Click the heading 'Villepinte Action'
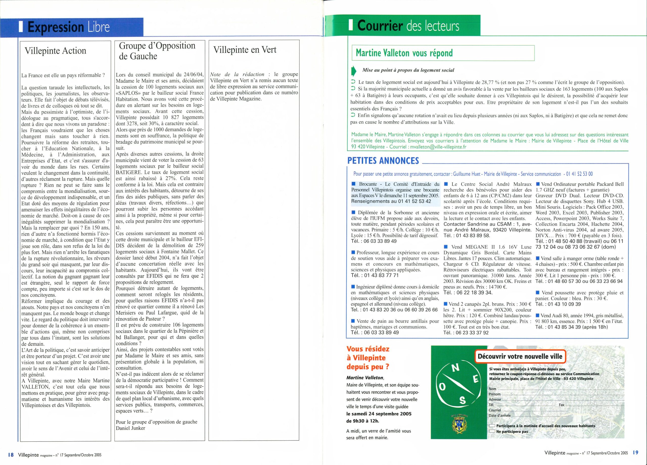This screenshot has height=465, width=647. tap(55, 51)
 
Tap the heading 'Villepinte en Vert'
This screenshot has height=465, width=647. tap(245, 50)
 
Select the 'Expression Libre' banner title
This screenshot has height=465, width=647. tap(68, 27)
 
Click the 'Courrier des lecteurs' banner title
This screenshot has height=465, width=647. tap(408, 26)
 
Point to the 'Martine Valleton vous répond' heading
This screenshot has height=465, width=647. tap(404, 53)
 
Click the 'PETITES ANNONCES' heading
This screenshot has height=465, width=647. tap(383, 161)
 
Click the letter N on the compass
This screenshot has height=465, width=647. tap(456, 368)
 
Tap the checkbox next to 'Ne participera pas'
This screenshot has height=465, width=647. tap(492, 431)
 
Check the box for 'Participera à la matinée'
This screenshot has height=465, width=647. tap(492, 426)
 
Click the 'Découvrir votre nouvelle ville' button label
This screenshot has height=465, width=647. tap(520, 357)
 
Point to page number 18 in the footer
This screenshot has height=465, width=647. tap(11, 455)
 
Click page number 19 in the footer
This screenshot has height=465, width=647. tap(635, 452)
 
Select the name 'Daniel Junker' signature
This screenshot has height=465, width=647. tap(130, 428)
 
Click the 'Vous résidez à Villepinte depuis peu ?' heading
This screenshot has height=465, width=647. tap(368, 358)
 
